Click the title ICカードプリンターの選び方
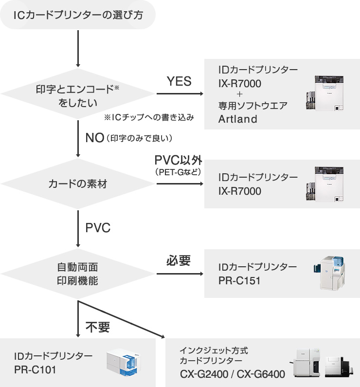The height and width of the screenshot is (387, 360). tap(78, 16)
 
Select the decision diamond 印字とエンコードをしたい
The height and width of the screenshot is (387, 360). tap(78, 95)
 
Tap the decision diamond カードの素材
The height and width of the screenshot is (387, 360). tap(78, 184)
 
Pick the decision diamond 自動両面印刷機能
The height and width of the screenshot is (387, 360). tap(78, 275)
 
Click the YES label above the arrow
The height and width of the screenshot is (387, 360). tap(179, 81)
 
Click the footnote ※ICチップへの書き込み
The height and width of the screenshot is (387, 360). tap(149, 117)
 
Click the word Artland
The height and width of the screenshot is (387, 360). tap(237, 119)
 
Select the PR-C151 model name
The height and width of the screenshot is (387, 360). tap(239, 281)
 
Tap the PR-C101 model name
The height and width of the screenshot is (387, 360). tap(36, 369)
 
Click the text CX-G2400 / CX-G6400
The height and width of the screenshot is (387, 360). tap(232, 374)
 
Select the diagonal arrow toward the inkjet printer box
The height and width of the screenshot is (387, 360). tap(122, 319)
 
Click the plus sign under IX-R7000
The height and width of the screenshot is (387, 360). tap(239, 94)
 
